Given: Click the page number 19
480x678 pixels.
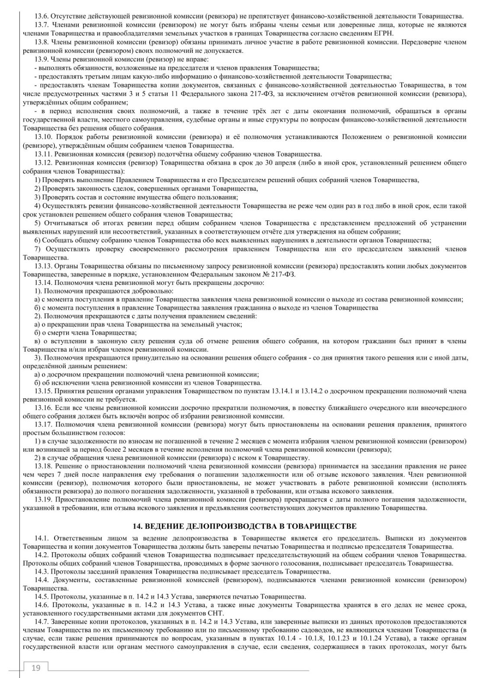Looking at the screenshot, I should [36, 668].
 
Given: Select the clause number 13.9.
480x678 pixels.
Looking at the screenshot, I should [42, 59].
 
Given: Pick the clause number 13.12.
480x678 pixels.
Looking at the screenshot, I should [43, 162].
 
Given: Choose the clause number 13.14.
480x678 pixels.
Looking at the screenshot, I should [43, 283].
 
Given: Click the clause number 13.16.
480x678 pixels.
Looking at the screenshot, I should [43, 407].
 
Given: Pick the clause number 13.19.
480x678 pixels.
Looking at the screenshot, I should [43, 499].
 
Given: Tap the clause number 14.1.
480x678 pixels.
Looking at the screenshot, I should [42, 538].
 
